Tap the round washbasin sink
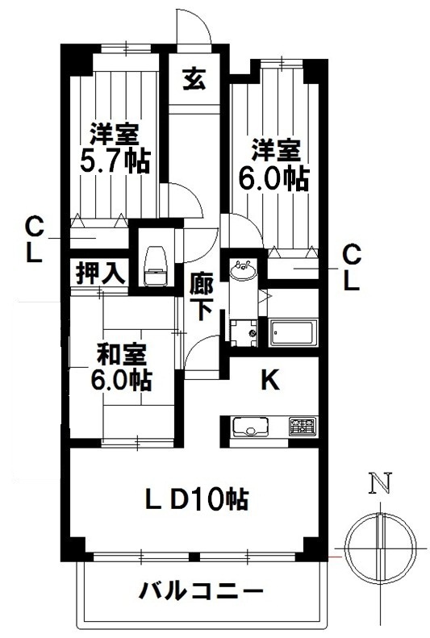[241, 269]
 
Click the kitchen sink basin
[245, 427]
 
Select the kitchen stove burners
[303, 427]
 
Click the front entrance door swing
[194, 28]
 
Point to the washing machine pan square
[242, 332]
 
